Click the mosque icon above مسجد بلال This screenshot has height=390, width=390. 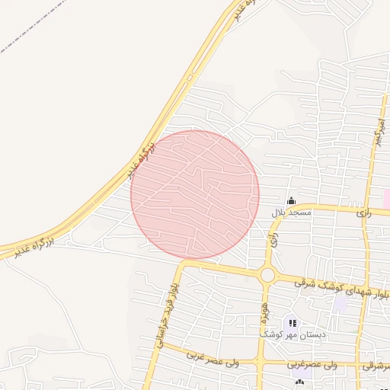[290, 201]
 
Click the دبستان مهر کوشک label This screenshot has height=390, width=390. [292, 334]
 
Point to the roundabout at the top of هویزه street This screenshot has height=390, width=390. [267, 274]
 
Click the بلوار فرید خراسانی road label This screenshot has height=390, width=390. [168, 313]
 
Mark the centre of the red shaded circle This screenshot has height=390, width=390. [195, 194]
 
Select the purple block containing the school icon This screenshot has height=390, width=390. [292, 325]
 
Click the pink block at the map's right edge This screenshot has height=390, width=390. [387, 197]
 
